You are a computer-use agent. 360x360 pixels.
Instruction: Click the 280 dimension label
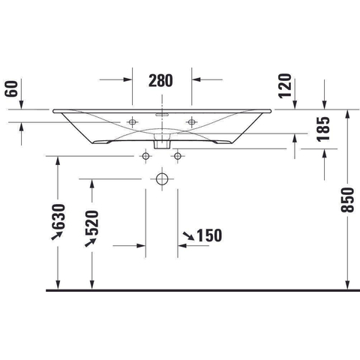tap(160, 80)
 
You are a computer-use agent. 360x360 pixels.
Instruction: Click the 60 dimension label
tap(12, 88)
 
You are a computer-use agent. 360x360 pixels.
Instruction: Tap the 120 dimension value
tap(285, 85)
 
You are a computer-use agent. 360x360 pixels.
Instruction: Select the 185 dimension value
tap(323, 129)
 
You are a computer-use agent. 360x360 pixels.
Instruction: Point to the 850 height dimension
tap(347, 200)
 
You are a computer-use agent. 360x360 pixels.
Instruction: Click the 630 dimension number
tap(58, 217)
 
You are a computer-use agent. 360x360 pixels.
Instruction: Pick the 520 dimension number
tap(92, 223)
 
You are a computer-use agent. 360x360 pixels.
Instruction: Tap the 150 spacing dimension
tap(209, 235)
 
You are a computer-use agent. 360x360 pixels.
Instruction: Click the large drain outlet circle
tap(162, 179)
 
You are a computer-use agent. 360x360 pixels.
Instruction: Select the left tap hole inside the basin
tap(133, 122)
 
